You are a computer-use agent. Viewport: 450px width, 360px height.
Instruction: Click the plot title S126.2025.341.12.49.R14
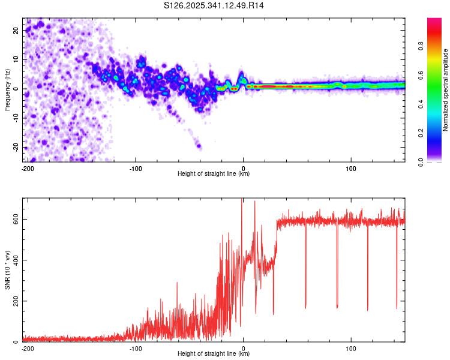[214, 5]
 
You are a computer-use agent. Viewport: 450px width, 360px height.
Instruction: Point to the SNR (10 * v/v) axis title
[8, 269]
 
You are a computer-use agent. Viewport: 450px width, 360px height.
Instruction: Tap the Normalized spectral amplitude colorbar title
[446, 90]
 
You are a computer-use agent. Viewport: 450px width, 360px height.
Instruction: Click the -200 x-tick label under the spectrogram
[28, 168]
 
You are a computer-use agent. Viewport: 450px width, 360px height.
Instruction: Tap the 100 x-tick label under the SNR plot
[350, 348]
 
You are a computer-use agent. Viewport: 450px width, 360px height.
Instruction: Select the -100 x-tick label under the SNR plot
[136, 348]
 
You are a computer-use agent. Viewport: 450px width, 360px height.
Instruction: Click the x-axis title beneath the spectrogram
[214, 174]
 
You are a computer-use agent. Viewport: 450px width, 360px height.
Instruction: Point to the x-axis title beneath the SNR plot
[214, 354]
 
